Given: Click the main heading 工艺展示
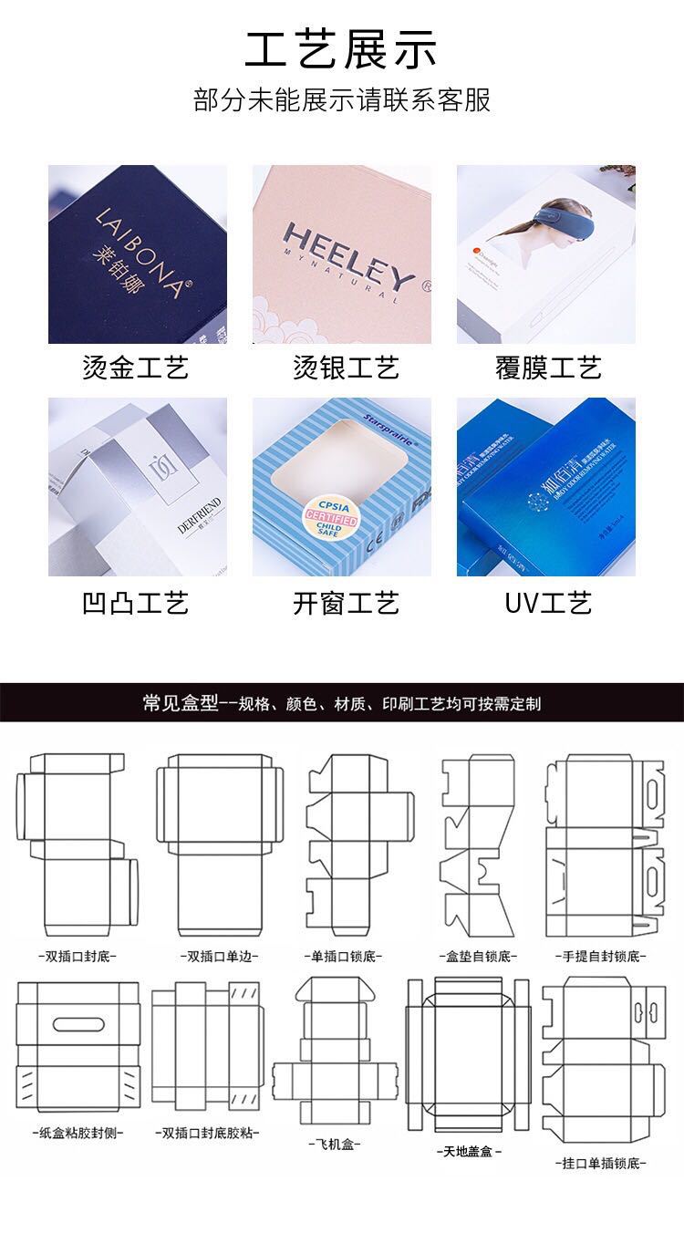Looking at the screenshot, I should (x=341, y=49).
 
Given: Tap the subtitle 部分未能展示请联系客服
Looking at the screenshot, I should (x=342, y=99).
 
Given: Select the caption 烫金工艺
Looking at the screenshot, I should (x=136, y=368).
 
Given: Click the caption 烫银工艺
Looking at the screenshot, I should (x=346, y=368).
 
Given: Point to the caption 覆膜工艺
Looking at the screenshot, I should (x=548, y=368).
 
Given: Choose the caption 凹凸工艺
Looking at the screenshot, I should (x=136, y=603).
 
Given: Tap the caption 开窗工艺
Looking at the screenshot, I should (x=346, y=603).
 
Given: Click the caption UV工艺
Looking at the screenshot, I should (x=548, y=603).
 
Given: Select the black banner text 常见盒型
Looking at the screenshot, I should (x=181, y=703).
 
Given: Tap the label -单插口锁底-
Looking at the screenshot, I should (x=342, y=957).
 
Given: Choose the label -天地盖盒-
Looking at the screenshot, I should (x=468, y=1151).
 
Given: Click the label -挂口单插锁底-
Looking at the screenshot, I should (x=600, y=1164).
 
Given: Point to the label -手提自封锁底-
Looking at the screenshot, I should (x=600, y=957).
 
